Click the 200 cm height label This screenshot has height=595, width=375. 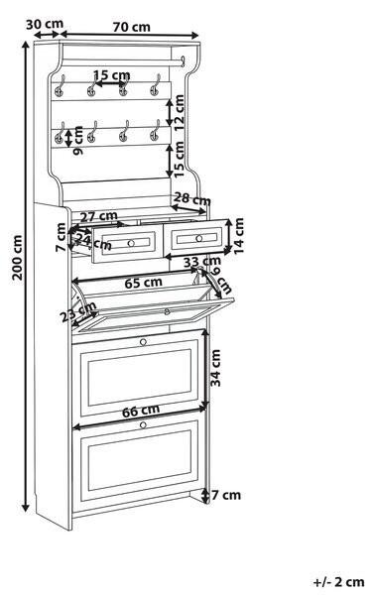tap(17, 257)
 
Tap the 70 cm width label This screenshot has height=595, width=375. tap(131, 27)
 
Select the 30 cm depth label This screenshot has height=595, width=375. tap(45, 24)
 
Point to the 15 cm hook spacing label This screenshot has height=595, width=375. tap(112, 75)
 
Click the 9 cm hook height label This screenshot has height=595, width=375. tap(77, 141)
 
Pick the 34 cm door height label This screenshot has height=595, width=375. tap(215, 368)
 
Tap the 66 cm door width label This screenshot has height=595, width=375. tap(141, 411)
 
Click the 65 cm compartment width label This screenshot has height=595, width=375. tap(144, 283)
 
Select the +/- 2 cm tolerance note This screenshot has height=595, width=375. tap(338, 582)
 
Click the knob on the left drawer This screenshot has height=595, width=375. tap(131, 243)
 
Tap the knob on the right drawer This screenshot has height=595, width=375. tap(199, 238)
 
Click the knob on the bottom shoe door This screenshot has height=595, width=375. tap(143, 425)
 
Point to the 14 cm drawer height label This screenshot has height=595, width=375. tap(239, 236)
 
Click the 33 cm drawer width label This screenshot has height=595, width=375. tap(202, 262)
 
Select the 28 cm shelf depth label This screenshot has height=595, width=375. tap(192, 199)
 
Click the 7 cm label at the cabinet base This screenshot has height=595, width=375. tap(226, 495)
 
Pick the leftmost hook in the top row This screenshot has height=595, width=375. tap(60, 85)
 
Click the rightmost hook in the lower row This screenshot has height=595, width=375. tap(155, 130)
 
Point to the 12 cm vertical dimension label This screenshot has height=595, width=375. tap(179, 113)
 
